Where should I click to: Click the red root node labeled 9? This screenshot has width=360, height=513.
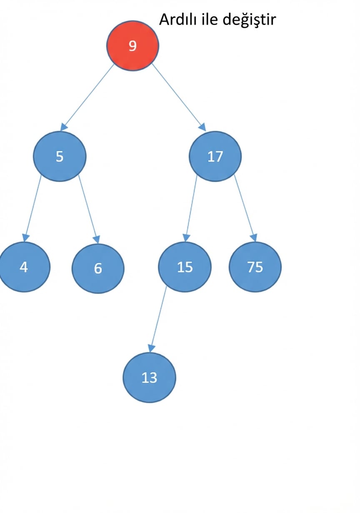[132, 46]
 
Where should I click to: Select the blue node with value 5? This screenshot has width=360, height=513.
[60, 157]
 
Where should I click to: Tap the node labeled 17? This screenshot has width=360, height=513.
[215, 157]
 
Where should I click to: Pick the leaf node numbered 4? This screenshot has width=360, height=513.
[24, 267]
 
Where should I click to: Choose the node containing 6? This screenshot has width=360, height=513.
[98, 268]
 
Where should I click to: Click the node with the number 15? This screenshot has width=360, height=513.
[185, 267]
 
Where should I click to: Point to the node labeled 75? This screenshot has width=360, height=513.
[255, 267]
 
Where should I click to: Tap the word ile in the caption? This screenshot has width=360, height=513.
[210, 19]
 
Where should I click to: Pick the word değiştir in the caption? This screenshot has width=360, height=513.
[249, 20]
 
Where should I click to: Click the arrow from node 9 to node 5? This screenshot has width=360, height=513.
[87, 97]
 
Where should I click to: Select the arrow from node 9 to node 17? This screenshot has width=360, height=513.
[179, 97]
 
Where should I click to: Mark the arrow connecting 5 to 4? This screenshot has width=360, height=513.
[33, 208]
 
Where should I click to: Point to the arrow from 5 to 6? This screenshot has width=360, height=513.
[89, 209]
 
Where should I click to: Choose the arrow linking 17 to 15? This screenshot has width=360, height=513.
[191, 208]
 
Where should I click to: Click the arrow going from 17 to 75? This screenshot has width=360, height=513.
[245, 208]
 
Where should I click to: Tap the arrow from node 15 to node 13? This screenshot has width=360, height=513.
[158, 319]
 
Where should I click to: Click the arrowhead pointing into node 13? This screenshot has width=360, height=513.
[151, 349]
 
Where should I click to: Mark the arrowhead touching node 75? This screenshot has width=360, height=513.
[254, 238]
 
